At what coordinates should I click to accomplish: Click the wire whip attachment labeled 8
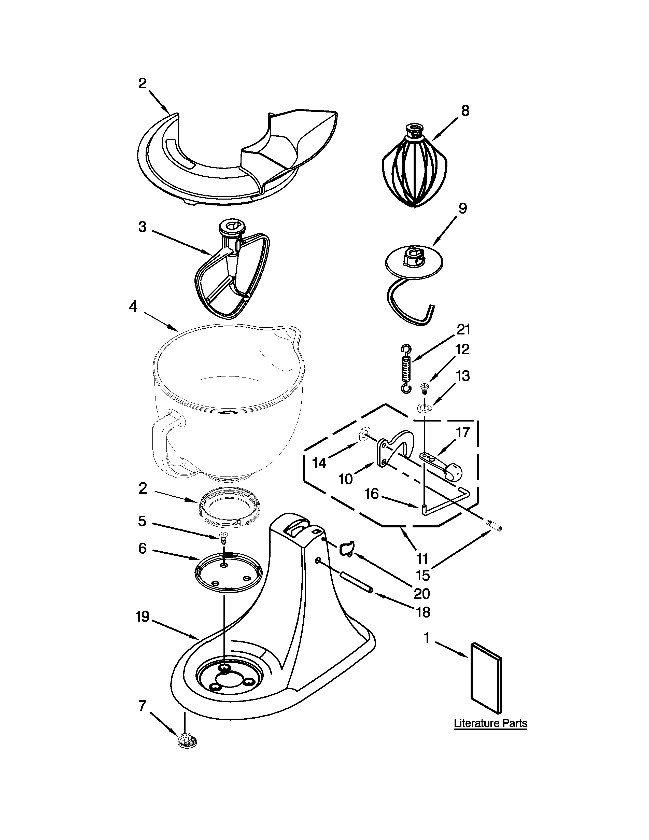[414, 166]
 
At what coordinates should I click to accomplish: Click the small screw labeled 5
[223, 536]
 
